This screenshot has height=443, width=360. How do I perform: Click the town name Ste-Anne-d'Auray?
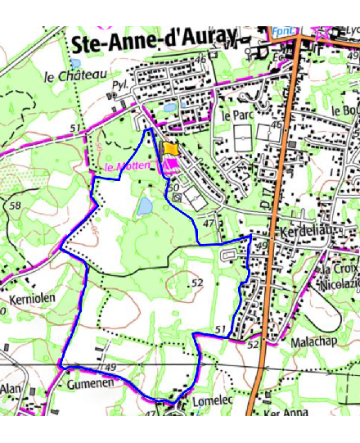tap(154, 43)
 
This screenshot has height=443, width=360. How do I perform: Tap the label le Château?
tap(76, 76)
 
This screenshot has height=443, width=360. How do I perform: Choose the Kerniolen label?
tap(33, 300)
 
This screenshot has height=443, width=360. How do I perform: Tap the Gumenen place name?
tap(89, 383)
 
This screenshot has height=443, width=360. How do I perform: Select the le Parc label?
tap(238, 115)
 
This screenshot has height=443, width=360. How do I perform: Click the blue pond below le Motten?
tap(145, 206)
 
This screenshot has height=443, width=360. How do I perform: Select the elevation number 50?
tap(173, 188)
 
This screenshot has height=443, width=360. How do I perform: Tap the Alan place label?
tap(11, 388)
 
